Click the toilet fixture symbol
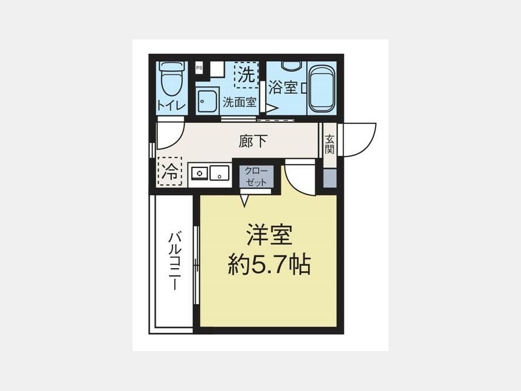(170, 78)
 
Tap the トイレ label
(171, 106)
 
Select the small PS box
(199, 68)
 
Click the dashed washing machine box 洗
(246, 75)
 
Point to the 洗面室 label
(240, 102)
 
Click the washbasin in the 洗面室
(207, 100)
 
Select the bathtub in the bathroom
(321, 89)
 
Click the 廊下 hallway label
(253, 141)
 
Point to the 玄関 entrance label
(329, 144)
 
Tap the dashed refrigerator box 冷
(170, 171)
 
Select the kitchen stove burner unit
(199, 173)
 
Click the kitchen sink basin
(219, 173)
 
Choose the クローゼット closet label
(256, 177)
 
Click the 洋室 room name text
(269, 235)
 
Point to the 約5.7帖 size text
(269, 265)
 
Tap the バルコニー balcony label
(175, 261)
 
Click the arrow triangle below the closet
(244, 201)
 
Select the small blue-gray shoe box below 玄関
(330, 178)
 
